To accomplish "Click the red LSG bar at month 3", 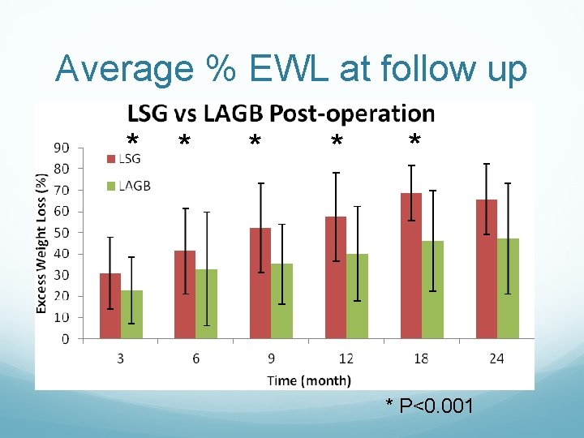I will click(x=110, y=306).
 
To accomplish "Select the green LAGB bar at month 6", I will click(x=207, y=304).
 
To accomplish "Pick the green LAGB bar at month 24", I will click(x=509, y=288).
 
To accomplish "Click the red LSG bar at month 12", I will click(x=336, y=277).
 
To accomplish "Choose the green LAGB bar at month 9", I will click(x=281, y=301).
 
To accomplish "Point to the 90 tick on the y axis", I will click(x=62, y=148).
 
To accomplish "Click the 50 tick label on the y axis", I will click(x=62, y=233).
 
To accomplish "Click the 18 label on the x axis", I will click(x=421, y=359).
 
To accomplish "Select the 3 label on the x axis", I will click(x=120, y=359).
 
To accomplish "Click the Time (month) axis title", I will click(x=309, y=380).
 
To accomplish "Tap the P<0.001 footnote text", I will click(x=436, y=406).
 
